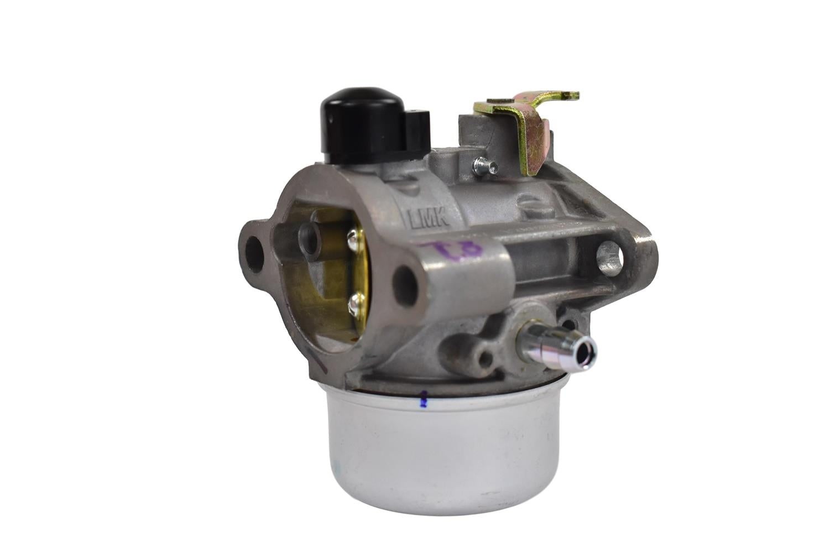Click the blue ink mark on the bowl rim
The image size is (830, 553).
[424, 400]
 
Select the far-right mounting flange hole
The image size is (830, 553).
[609, 258]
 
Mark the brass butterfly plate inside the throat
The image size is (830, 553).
[332, 276]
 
